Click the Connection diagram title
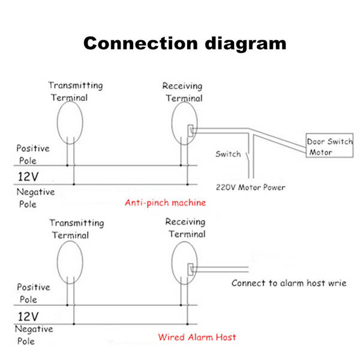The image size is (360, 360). [184, 44]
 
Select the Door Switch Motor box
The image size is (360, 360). [329, 146]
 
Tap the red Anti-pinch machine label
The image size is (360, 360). [165, 203]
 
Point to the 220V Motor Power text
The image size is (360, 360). [251, 187]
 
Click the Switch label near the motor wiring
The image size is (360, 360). [228, 154]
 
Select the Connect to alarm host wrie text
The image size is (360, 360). [289, 283]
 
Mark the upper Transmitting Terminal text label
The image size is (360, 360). [75, 91]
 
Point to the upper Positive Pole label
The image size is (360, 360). [32, 154]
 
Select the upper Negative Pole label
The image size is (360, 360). [35, 198]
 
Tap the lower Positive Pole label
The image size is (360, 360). [34, 293]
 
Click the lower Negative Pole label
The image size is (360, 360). [34, 335]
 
